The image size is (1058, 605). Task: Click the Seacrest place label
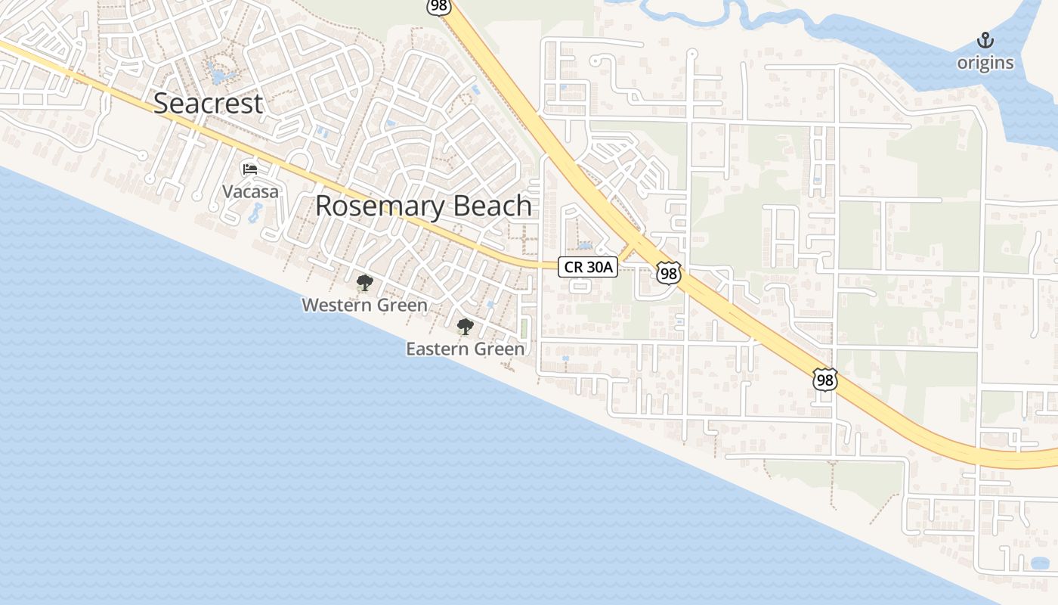click(208, 104)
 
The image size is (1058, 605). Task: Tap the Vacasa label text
click(250, 192)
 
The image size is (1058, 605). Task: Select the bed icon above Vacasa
click(250, 169)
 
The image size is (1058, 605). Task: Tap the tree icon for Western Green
click(364, 284)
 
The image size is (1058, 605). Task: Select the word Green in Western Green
click(401, 305)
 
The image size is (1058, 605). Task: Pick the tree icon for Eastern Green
click(465, 327)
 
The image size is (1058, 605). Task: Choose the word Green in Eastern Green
click(500, 349)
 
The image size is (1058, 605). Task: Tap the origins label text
click(985, 63)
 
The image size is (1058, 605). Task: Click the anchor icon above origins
click(985, 40)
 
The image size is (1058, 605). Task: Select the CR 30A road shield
click(588, 266)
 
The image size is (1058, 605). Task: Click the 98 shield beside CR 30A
click(668, 273)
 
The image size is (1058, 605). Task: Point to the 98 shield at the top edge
click(438, 6)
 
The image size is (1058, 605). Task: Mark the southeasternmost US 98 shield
click(825, 379)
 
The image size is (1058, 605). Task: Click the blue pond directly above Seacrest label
click(219, 75)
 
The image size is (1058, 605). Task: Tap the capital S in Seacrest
click(162, 104)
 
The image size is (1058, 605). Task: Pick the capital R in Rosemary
click(323, 206)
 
